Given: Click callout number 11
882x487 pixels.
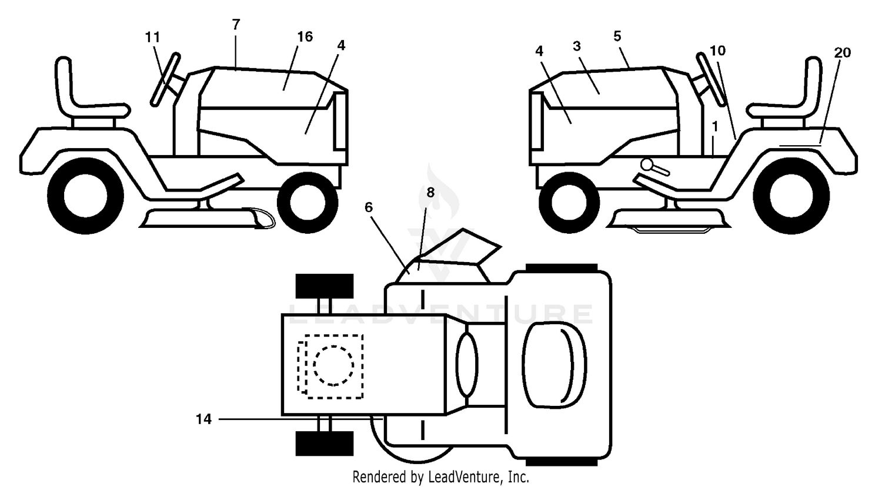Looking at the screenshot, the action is pos(152,38).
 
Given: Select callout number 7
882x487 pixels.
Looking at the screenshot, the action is pos(236,25).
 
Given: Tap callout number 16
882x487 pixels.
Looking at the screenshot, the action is pos(305,36).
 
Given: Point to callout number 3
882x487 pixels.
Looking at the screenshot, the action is pos(577,46).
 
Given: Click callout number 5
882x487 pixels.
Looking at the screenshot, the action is pos(617,36).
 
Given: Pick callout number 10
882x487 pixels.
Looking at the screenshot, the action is pos(717,51).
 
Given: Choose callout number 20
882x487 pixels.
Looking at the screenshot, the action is pos(842,52).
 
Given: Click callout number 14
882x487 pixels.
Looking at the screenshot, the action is pos(203,419).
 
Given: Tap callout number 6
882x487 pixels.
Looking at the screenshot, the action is pos(369,207).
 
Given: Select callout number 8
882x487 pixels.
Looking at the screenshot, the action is pos(430,192).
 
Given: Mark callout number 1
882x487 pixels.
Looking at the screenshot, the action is pos(715,127).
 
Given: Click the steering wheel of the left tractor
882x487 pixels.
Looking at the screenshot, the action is pos(165,79).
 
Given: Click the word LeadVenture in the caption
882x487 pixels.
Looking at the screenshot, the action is pos(465,477).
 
